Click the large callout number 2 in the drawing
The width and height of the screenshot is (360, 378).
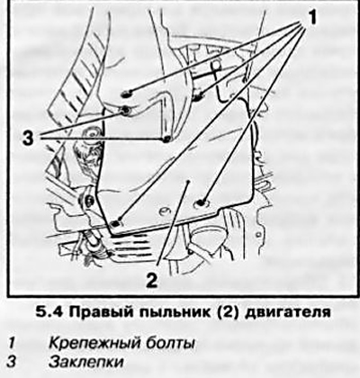[151, 279]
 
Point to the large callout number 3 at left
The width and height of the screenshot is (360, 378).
[30, 139]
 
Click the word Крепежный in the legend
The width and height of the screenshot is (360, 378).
[97, 343]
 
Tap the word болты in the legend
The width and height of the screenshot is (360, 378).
[172, 343]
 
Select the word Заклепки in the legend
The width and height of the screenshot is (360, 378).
[86, 362]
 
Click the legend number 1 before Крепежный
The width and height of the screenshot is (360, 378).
[12, 343]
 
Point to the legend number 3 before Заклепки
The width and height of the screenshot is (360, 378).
[12, 362]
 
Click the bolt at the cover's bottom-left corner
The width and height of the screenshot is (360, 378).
[115, 223]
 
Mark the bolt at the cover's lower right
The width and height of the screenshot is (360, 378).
[201, 202]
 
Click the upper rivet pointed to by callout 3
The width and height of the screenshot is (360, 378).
[125, 111]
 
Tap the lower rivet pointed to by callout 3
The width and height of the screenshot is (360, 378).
[166, 139]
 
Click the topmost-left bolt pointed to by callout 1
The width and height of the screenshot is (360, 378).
[127, 94]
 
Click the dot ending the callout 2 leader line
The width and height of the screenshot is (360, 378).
[187, 182]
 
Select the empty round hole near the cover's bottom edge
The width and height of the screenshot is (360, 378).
[165, 211]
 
